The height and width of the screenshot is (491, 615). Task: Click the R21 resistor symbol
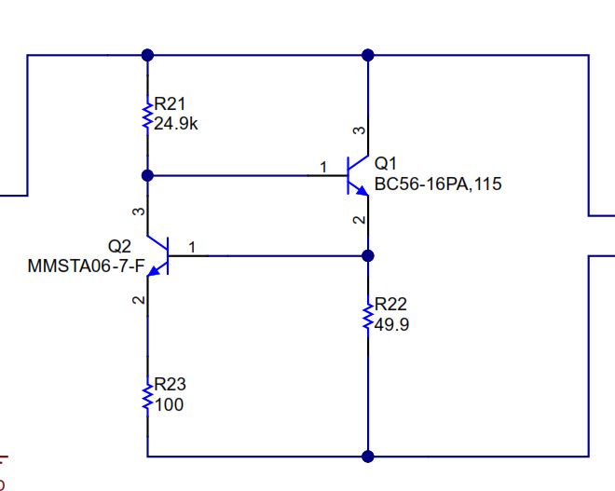coord(147,116)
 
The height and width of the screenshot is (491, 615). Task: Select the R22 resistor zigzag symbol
coord(368,316)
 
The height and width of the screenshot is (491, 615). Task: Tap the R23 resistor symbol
coord(147,397)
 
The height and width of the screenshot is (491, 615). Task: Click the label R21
coord(170,104)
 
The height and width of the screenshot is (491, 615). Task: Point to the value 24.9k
coord(176,124)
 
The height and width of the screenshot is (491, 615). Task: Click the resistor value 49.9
coord(391,324)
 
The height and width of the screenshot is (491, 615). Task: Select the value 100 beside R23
coord(169,404)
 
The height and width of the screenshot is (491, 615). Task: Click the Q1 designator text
coord(386,163)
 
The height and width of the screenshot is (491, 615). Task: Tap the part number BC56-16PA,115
coord(438,184)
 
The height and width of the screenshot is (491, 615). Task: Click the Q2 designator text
coord(119,246)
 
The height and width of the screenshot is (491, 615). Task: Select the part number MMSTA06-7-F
coord(87,266)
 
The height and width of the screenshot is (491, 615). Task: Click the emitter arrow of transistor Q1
coord(362,190)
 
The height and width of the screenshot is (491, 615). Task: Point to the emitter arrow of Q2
coord(154,270)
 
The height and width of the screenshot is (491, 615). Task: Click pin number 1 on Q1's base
coord(323,168)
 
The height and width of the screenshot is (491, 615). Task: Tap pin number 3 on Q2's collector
coord(139,211)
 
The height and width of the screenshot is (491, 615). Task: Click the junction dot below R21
coord(147,175)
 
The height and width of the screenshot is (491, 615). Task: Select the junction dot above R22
coord(368,255)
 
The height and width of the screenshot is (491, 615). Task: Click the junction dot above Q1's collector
coord(368,55)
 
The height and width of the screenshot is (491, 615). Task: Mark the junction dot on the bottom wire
coord(368,457)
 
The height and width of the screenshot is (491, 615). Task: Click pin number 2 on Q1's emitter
coord(360,220)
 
